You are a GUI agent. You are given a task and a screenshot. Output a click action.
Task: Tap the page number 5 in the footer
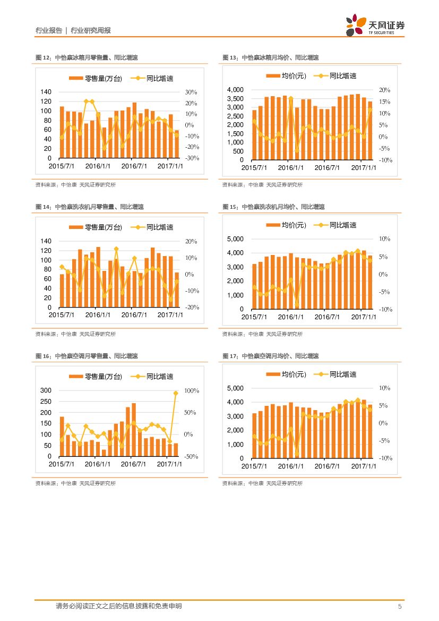[400, 607]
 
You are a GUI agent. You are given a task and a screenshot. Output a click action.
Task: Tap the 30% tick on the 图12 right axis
[191, 92]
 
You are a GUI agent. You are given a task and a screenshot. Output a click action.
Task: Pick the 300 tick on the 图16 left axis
[46, 390]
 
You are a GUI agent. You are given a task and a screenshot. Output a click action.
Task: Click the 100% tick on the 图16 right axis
[192, 391]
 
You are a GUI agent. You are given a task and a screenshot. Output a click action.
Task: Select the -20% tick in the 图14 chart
[191, 308]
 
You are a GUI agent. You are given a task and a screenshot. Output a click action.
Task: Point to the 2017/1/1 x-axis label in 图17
[364, 466]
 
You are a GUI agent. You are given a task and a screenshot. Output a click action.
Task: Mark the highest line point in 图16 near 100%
[176, 393]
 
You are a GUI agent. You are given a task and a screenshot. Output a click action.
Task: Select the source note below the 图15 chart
[262, 334]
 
